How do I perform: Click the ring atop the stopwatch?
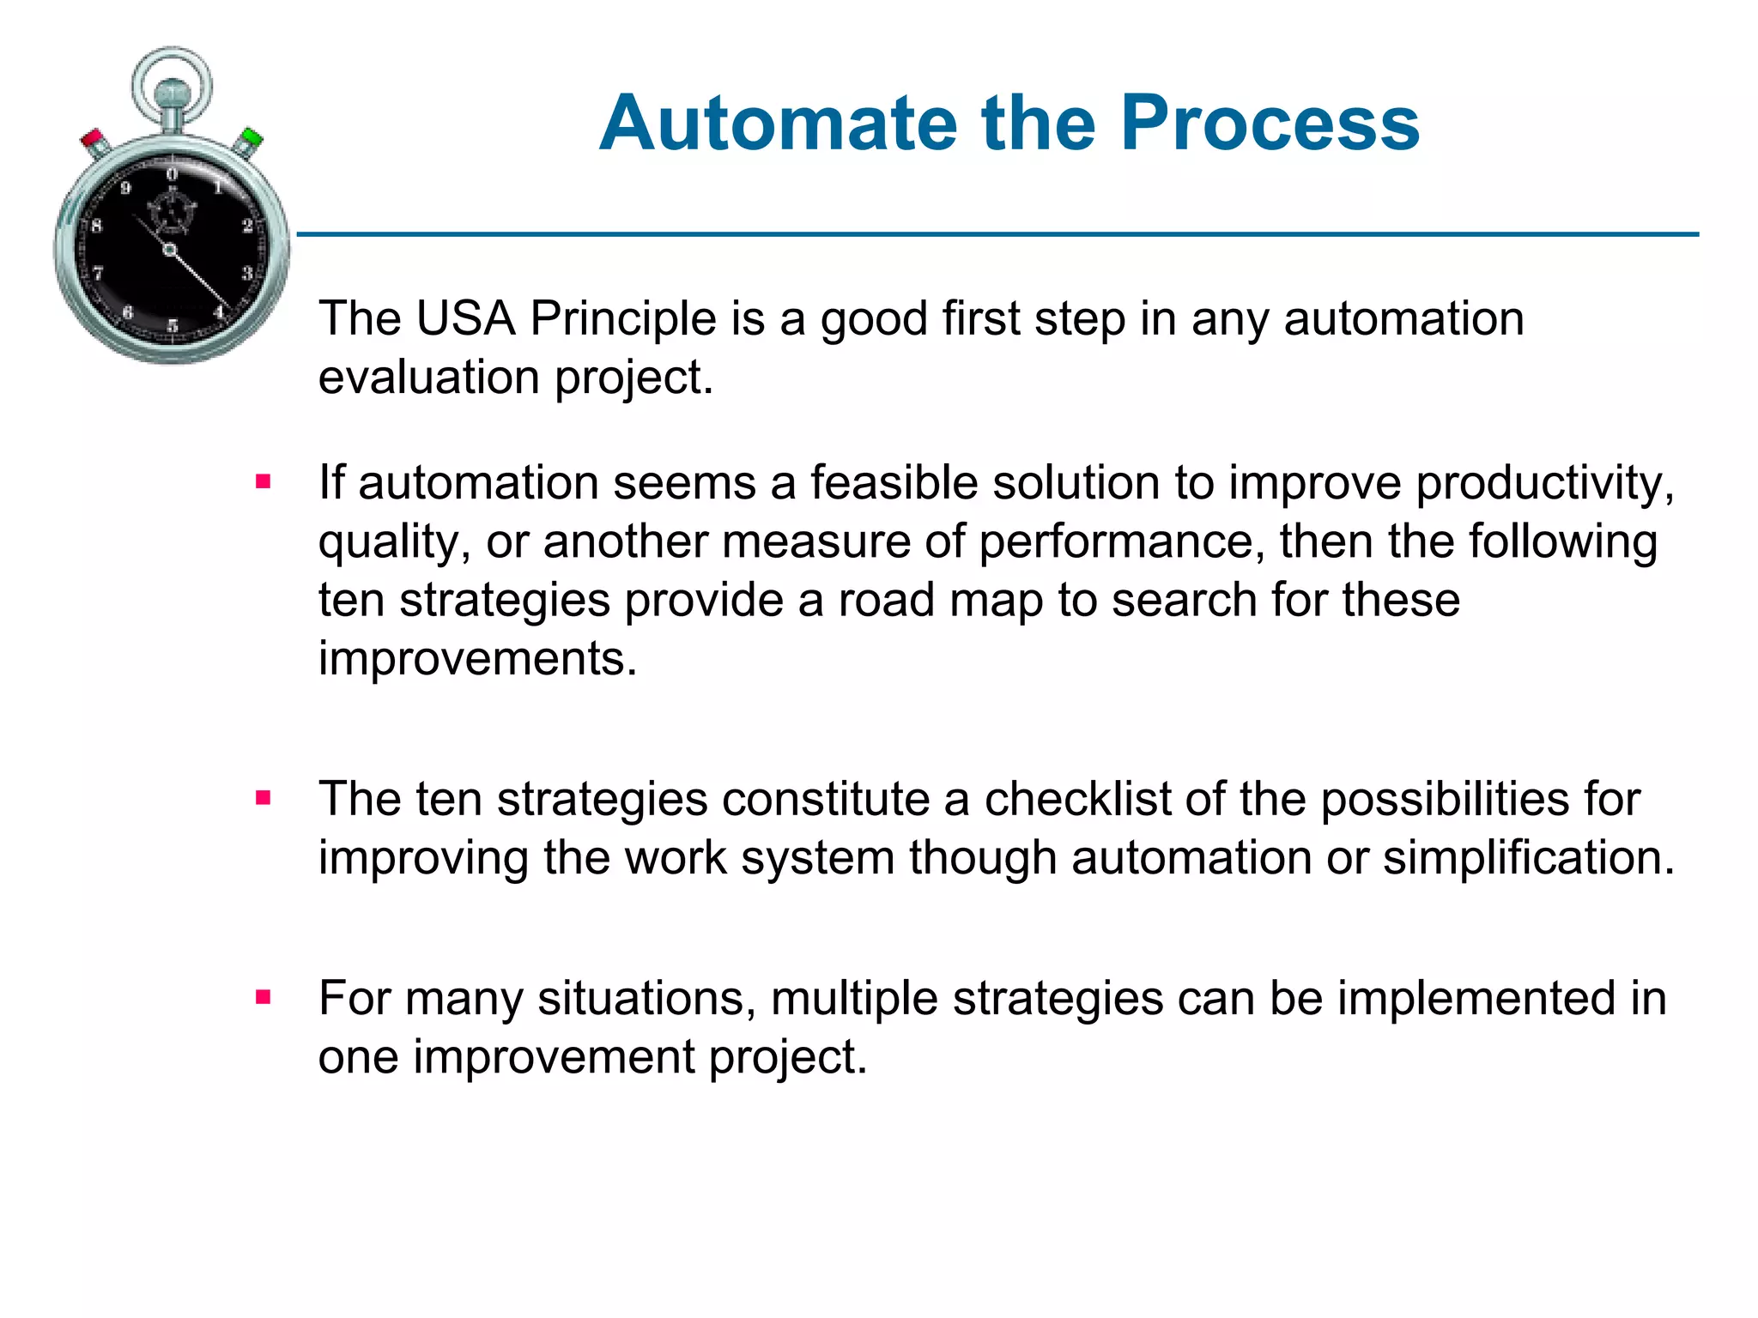coord(172,82)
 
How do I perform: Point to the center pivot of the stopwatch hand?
coord(170,250)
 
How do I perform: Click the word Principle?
coord(623,318)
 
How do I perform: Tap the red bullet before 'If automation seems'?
coord(264,482)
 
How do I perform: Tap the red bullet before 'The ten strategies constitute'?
coord(264,799)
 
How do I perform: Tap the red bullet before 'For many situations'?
coord(264,997)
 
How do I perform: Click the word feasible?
coord(894,482)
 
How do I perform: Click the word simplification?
coord(1528,857)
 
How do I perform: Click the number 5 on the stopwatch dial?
coord(173,325)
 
